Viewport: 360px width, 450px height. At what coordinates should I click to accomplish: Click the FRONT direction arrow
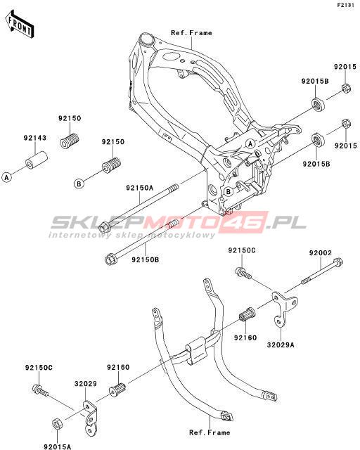click(20, 25)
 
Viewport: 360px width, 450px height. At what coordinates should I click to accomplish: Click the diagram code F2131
click(346, 6)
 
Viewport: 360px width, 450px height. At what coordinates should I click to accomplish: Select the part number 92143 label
click(34, 138)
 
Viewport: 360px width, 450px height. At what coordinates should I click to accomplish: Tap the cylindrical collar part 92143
click(36, 160)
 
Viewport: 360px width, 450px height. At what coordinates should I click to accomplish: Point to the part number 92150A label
click(139, 188)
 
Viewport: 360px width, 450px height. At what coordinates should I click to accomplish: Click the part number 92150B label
click(146, 259)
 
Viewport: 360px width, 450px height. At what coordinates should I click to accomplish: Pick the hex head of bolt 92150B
click(110, 259)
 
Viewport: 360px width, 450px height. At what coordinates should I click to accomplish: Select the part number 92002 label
click(321, 253)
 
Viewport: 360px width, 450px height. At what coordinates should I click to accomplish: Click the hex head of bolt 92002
click(338, 262)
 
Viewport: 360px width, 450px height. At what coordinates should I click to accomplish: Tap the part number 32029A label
click(281, 345)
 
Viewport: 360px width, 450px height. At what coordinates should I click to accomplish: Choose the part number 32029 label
click(86, 384)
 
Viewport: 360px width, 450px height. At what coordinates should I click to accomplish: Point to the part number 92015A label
click(58, 446)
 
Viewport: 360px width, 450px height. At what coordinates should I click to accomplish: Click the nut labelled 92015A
click(57, 425)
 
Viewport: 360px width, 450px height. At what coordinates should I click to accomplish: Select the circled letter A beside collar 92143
click(6, 177)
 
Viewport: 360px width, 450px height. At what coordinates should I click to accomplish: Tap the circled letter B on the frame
click(229, 191)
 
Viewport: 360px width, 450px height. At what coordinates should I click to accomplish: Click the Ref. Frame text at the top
click(191, 33)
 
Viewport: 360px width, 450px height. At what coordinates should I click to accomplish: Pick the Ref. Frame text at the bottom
click(210, 432)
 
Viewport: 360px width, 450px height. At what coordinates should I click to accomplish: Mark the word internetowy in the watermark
click(79, 235)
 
